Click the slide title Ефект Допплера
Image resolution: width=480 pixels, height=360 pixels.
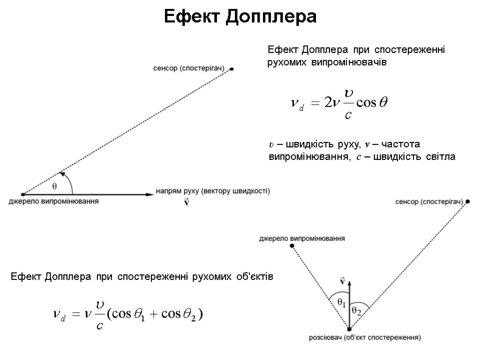coord(240,17)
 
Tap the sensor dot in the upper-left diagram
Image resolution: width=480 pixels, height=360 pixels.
coord(232,69)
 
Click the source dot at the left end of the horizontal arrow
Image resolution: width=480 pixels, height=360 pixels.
coord(23,194)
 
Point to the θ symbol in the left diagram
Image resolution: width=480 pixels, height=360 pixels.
coord(54,186)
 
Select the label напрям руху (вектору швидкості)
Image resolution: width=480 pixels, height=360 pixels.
coord(213,191)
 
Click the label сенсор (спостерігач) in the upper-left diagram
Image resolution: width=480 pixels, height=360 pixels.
coord(189,68)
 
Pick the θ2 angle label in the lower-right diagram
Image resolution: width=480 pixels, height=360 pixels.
coord(357,310)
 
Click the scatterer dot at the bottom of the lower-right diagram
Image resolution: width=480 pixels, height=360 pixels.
coord(349,328)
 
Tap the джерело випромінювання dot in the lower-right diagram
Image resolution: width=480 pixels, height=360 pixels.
coord(292,246)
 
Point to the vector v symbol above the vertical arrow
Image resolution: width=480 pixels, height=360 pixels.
coord(342,281)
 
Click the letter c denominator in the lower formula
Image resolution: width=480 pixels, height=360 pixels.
coord(99,324)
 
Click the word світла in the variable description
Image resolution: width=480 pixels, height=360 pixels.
coord(441,157)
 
